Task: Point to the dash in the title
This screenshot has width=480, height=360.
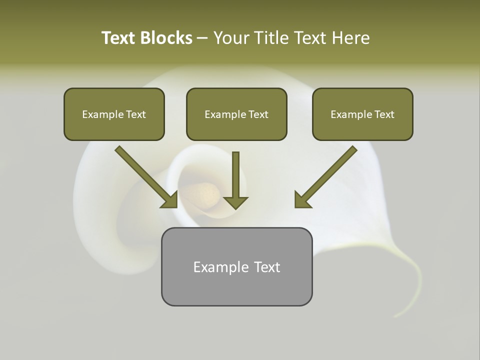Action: click(202, 38)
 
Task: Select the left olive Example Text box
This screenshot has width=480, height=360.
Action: click(114, 114)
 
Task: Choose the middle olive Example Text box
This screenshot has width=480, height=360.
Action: click(236, 114)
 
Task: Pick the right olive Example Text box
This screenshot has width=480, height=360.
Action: click(362, 114)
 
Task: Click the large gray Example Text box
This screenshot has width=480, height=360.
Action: click(236, 266)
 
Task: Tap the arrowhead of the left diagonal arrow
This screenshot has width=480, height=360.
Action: click(170, 200)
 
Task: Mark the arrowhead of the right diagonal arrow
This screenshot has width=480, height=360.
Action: click(301, 200)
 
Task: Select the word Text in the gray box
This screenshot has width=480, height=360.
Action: click(267, 267)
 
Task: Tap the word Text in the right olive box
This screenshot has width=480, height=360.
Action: click(384, 114)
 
